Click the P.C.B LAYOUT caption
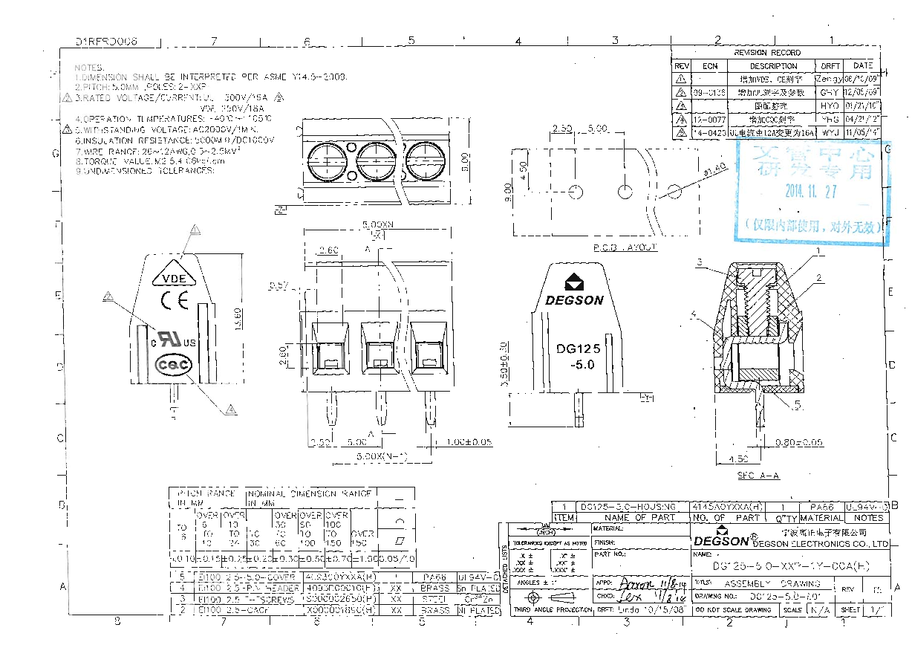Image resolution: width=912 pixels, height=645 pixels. (x=625, y=247)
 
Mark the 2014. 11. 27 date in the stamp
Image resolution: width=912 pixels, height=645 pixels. (x=811, y=191)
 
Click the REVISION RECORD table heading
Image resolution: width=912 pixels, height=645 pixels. (x=767, y=53)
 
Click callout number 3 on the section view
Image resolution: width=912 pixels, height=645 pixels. (x=699, y=262)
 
